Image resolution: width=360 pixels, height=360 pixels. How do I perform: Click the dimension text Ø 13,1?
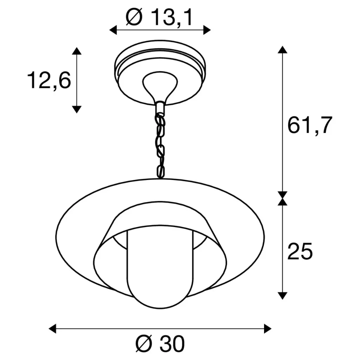[x=159, y=17]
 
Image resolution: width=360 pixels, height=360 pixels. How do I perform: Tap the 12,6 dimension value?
[x=49, y=81]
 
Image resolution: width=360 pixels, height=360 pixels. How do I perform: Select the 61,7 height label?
[x=310, y=126]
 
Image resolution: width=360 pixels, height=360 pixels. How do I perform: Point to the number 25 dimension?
[x=300, y=251]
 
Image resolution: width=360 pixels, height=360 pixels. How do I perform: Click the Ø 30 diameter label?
[x=160, y=344]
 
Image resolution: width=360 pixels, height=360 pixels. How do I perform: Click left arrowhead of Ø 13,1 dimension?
[x=113, y=30]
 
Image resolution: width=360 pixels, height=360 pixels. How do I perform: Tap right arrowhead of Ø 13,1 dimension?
[x=207, y=30]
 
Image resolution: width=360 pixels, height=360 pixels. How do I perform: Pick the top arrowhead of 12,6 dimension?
[x=77, y=51]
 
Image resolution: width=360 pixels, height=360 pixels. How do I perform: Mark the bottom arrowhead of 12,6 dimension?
[x=77, y=109]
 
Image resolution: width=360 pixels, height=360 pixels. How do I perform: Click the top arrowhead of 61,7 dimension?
[x=282, y=50]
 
